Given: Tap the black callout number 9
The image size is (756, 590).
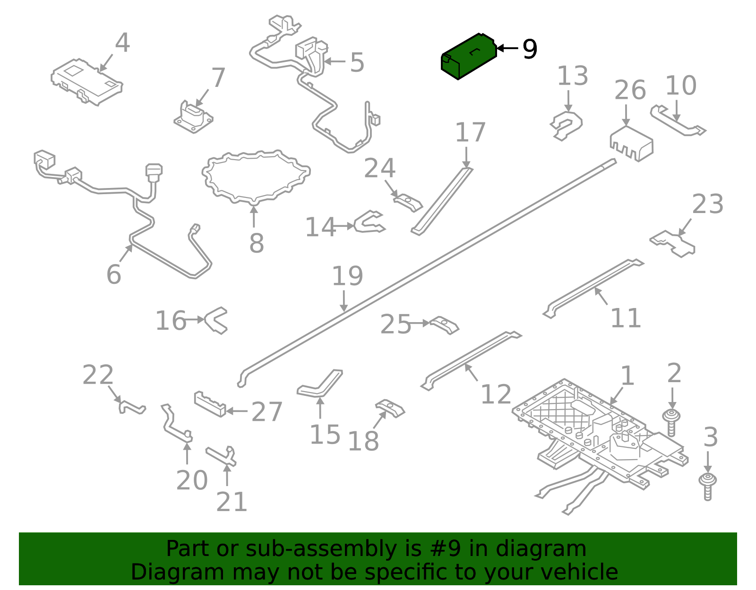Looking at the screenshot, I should [530, 49].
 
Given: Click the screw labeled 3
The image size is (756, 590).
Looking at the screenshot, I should [707, 485].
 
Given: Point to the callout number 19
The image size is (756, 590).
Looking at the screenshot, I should [347, 276].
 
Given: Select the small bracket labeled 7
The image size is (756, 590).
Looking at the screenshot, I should [193, 117].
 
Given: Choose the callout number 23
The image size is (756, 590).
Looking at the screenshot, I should [707, 205].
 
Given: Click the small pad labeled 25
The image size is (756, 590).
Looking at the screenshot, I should [444, 325].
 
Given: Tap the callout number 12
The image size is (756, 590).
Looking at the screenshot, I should [496, 394].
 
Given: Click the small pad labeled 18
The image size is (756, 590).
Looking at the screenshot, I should [390, 408].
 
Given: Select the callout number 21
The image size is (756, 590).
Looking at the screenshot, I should [232, 502].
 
